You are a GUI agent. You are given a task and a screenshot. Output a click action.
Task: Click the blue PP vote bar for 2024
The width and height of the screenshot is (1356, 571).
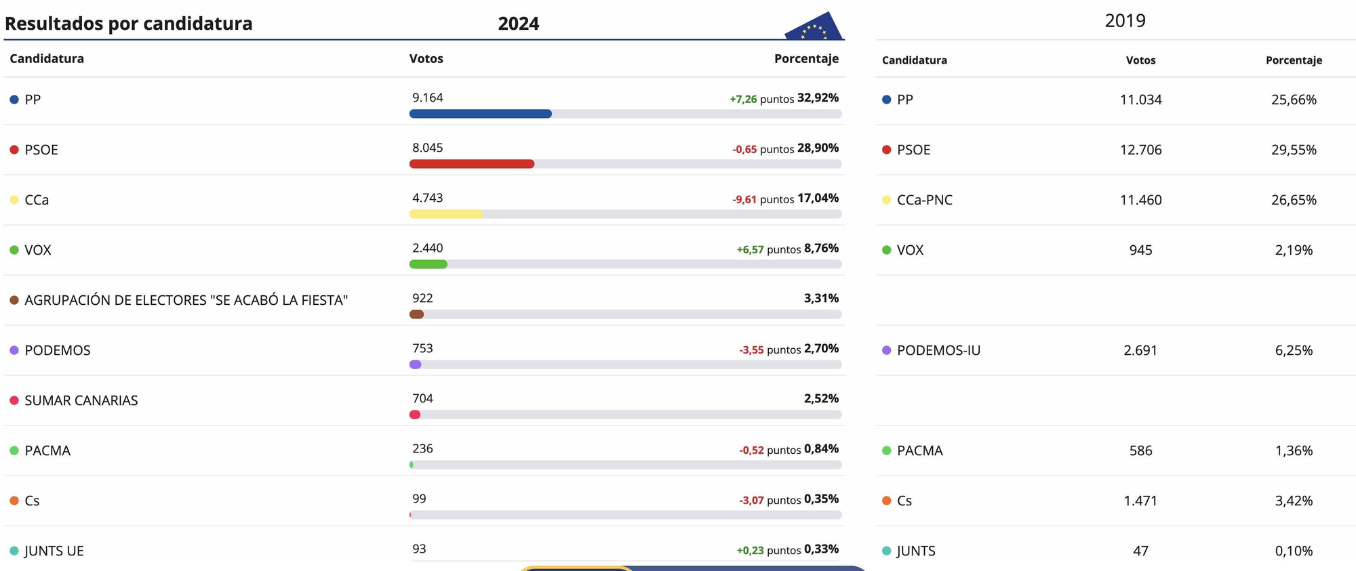[x=480, y=114]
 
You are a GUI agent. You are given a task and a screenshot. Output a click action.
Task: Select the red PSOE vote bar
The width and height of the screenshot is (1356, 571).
[x=472, y=164]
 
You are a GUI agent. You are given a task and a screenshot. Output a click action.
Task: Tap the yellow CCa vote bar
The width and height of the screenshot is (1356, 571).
[x=446, y=214]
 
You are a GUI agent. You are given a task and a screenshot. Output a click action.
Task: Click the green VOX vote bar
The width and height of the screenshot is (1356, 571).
[x=428, y=264]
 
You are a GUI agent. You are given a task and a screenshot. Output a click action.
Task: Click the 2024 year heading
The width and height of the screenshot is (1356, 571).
[x=519, y=24]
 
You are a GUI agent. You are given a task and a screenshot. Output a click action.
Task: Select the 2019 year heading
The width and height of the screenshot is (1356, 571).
[x=1125, y=21]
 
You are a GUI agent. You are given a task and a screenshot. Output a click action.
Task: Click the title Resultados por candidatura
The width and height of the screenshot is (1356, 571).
[x=129, y=24]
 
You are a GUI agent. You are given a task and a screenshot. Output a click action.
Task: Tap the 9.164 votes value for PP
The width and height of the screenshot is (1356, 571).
[x=428, y=98]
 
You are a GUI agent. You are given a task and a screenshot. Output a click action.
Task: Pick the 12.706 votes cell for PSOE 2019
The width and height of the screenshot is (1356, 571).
[x=1140, y=150]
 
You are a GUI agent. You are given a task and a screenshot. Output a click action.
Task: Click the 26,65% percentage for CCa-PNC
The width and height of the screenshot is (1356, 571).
[x=1294, y=200]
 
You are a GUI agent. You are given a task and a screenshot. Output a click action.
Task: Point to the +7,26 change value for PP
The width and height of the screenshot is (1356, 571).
[x=743, y=99]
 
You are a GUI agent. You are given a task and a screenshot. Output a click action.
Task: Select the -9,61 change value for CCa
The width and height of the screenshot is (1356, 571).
[x=744, y=199]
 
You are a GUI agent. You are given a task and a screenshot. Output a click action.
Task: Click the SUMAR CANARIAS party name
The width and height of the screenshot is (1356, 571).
[x=81, y=400]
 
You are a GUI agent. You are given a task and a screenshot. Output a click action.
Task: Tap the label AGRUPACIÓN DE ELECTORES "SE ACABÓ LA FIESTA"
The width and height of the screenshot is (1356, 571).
[x=186, y=300]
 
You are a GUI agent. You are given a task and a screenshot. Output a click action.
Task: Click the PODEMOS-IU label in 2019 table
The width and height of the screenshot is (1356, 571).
[x=938, y=350]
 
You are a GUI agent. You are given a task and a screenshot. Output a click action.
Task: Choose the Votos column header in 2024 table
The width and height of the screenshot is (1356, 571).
[x=426, y=59]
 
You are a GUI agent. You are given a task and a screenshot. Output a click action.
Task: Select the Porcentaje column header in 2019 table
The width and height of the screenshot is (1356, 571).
[x=1294, y=60]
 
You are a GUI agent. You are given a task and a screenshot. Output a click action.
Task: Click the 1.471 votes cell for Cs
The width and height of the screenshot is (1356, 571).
[x=1140, y=501]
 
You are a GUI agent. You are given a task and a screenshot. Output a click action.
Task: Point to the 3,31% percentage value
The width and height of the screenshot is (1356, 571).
[x=821, y=298]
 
